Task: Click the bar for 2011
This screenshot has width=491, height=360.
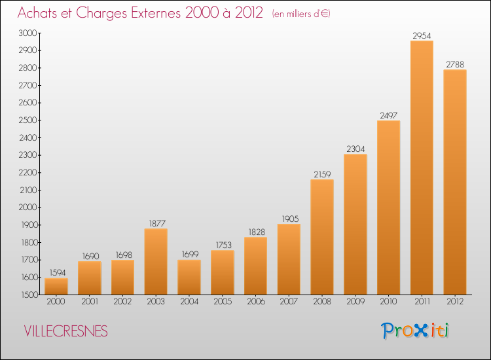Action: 422,168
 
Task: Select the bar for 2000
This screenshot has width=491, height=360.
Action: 56,287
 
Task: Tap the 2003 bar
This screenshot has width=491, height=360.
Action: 156,262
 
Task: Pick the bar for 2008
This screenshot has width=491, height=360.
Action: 322,237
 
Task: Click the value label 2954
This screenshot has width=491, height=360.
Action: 422,36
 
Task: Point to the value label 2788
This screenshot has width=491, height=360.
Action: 455,65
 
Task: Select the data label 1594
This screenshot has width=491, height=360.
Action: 58,273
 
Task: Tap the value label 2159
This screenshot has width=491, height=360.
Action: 322,174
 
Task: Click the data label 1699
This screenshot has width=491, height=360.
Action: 190,254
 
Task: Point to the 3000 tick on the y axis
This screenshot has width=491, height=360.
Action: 28,33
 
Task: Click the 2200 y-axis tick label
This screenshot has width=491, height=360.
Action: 28,173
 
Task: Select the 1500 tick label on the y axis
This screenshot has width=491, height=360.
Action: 29,295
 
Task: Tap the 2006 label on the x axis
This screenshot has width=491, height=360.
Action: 256,302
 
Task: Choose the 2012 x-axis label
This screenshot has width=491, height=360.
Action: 455,302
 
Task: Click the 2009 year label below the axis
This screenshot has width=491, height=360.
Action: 355,302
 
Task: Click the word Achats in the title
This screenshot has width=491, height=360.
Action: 37,13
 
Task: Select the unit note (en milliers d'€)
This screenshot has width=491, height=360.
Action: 301,14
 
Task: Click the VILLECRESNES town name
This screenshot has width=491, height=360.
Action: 65,331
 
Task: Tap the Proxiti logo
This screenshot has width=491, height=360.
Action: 415,331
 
